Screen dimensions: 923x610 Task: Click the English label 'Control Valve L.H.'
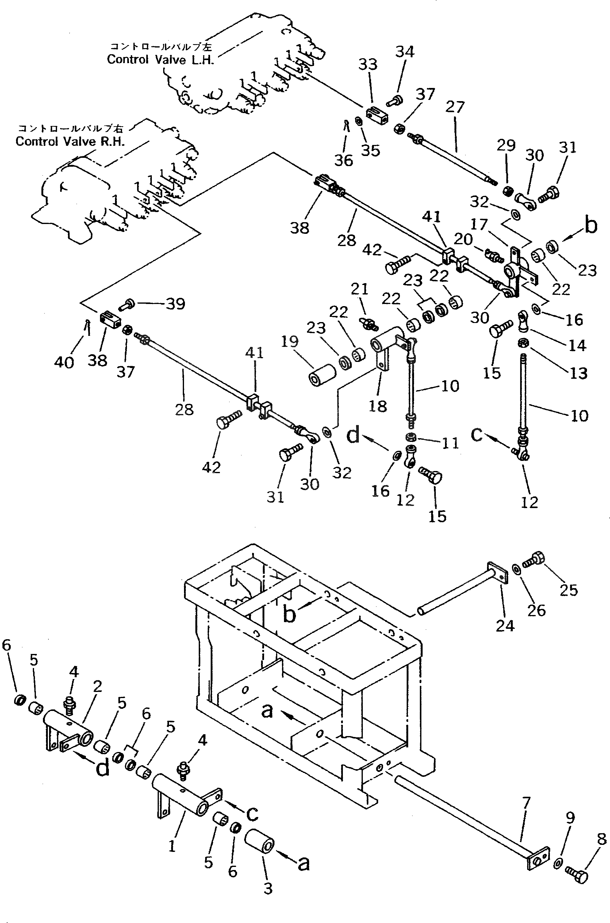coord(160,59)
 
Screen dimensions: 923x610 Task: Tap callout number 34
coord(405,52)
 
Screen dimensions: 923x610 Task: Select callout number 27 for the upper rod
coord(455,107)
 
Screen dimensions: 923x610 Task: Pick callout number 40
coord(64,362)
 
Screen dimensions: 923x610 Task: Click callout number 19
coord(289,342)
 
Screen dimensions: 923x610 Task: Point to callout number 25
coord(568,590)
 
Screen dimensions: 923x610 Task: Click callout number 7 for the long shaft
coord(526,803)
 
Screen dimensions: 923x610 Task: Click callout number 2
coord(97,686)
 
